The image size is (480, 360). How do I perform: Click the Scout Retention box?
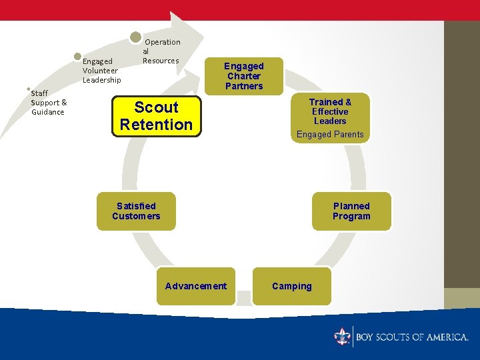coord(156,116)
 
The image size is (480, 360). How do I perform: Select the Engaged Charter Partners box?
coord(244,76)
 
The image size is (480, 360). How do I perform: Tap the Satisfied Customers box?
coord(136,211)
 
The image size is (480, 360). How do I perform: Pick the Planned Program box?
coord(351,211)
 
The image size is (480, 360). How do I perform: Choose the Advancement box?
coord(196,286)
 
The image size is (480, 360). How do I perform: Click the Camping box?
coord(291,286)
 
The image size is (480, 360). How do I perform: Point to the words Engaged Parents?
coord(330,134)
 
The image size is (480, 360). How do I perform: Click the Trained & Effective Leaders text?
coord(330,111)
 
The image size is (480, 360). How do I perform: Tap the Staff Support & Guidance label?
coord(49,103)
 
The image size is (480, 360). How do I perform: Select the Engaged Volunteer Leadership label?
coord(101,71)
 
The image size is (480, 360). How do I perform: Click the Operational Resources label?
coord(161,51)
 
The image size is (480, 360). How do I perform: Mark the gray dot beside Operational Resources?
coord(135,37)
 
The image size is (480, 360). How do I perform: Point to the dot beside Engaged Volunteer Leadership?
coord(78,57)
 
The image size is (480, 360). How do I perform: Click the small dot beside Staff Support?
coord(27,89)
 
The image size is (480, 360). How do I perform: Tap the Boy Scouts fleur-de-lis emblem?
coord(343,336)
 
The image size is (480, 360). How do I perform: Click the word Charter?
coord(244,76)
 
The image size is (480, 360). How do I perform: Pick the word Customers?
coord(136,216)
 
